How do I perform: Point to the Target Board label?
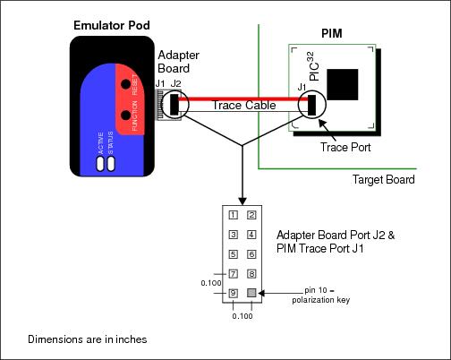coord(384,179)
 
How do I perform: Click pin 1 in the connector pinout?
coord(233,215)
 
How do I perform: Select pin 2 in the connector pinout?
coord(251,215)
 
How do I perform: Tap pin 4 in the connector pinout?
coord(251,235)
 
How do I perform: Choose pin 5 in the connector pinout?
coord(233,254)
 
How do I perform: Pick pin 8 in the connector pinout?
coord(251,274)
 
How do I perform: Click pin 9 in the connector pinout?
coord(233,293)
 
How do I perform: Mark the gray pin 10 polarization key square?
coord(251,293)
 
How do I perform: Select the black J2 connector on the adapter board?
coord(174,102)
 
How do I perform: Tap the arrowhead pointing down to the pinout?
coord(242,199)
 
